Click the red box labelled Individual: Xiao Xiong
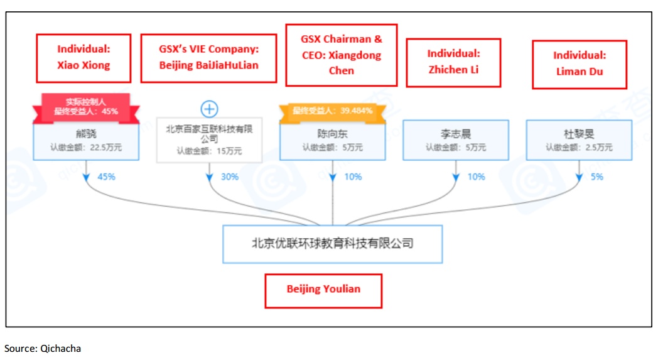click(84, 58)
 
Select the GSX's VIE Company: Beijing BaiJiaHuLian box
click(208, 58)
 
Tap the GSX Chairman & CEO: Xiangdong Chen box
click(341, 55)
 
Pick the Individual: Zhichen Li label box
click(453, 62)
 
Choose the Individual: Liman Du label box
click(579, 64)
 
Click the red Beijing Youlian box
click(323, 290)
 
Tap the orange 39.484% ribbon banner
click(332, 111)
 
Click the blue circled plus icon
click(209, 109)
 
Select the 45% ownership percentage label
click(106, 177)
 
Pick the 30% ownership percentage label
click(229, 177)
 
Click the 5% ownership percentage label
click(597, 177)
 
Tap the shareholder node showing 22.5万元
click(85, 141)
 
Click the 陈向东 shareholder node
click(332, 141)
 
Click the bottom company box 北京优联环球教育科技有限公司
click(332, 243)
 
